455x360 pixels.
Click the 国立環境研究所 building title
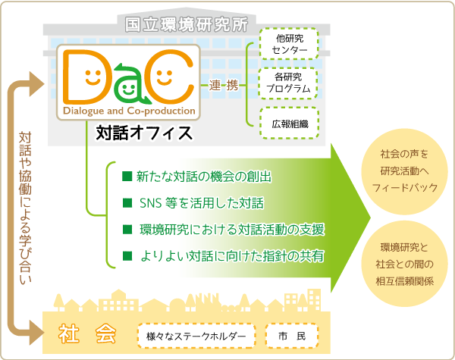click(x=187, y=24)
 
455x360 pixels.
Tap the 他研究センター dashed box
click(x=289, y=44)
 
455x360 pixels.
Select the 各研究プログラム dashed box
click(x=287, y=83)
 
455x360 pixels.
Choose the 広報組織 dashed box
click(x=290, y=123)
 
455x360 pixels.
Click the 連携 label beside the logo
click(x=224, y=86)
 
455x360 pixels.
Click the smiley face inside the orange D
click(x=93, y=77)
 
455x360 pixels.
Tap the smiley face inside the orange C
click(x=164, y=77)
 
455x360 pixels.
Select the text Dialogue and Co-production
click(x=129, y=111)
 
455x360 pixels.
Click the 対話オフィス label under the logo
click(x=144, y=133)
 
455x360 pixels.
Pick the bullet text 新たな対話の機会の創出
click(x=204, y=177)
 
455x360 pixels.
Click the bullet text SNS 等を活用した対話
click(x=202, y=203)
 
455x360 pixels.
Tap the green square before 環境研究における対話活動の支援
click(x=127, y=230)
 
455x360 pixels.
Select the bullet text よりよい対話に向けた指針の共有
click(x=231, y=256)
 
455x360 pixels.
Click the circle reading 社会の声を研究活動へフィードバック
click(x=404, y=171)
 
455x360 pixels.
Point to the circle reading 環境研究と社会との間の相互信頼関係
click(x=404, y=264)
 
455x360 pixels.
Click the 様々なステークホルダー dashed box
click(x=196, y=336)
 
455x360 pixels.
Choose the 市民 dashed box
click(x=292, y=336)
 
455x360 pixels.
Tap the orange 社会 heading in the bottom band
click(x=87, y=334)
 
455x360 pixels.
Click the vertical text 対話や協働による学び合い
click(x=25, y=208)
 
